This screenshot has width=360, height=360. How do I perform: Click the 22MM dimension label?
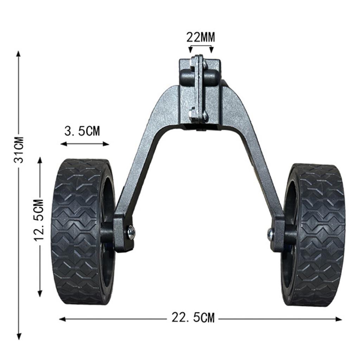point(201,37)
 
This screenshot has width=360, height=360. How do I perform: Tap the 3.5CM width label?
point(82,131)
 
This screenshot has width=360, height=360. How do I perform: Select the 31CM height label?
point(20,149)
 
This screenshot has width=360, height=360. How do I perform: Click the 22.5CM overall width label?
point(193,318)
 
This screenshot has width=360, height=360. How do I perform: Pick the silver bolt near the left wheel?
point(131,232)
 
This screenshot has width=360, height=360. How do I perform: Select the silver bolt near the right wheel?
point(271,234)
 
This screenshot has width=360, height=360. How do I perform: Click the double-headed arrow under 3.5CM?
point(84,143)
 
